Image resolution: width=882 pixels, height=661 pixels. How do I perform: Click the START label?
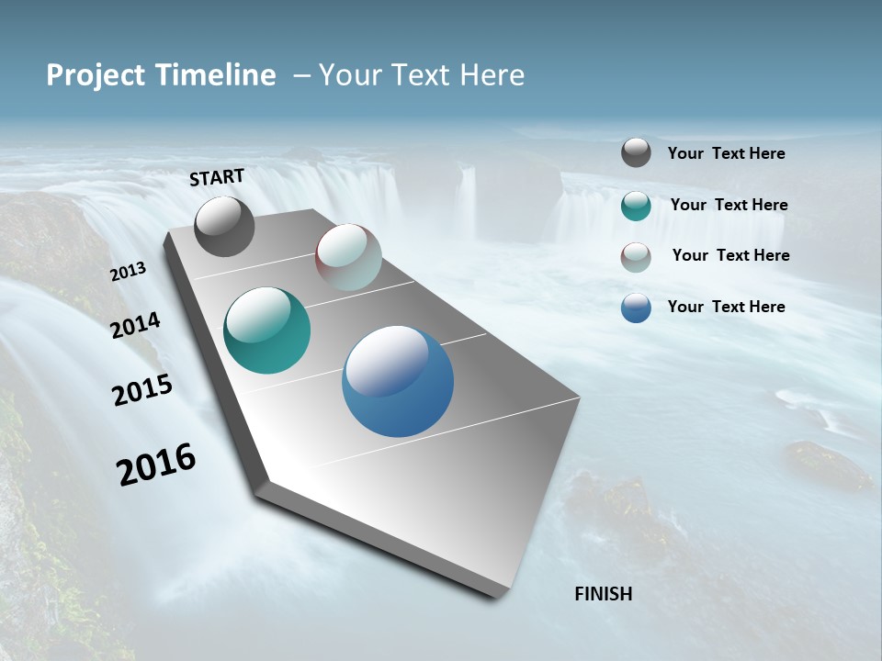[x=217, y=177]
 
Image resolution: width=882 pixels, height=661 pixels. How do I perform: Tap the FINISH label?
[x=604, y=594]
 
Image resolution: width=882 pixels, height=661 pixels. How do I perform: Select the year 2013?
[x=128, y=272]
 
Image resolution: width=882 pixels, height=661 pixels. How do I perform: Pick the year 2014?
[x=135, y=326]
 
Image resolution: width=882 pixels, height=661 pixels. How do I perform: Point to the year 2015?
[x=142, y=390]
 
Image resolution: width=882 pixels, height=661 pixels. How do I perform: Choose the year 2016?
[x=156, y=465]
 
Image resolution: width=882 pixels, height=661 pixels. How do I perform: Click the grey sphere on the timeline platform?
[x=225, y=227]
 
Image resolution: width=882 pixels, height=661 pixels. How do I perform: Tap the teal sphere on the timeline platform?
[x=266, y=330]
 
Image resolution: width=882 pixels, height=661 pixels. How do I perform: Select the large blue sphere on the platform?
[x=398, y=381]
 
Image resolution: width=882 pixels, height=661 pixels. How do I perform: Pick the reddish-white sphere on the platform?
[x=348, y=257]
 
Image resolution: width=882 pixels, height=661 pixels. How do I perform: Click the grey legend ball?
[x=636, y=152]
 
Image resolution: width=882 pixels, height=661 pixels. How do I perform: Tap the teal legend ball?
[x=636, y=206]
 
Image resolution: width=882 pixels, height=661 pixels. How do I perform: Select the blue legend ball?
[x=636, y=308]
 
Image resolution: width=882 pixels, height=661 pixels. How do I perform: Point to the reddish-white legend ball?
[x=636, y=257]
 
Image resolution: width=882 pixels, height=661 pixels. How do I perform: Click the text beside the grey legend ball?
[x=726, y=154]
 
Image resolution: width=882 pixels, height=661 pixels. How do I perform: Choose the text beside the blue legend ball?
[x=726, y=307]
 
